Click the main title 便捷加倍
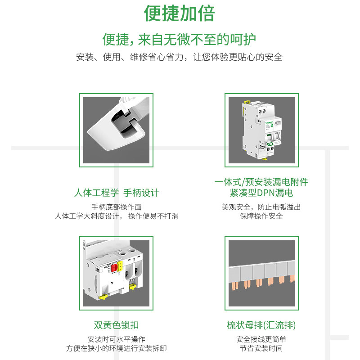(x=180, y=13)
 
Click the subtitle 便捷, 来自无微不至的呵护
(x=180, y=40)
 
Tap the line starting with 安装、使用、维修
(x=180, y=57)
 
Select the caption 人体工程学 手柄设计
(x=117, y=193)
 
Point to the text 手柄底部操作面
(x=117, y=207)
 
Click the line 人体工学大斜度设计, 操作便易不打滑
(x=117, y=216)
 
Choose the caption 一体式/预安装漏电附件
(x=261, y=182)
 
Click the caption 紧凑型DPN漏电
(x=261, y=193)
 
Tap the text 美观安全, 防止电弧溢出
(x=261, y=207)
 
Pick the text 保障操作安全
(x=261, y=216)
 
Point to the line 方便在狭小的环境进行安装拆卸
(x=117, y=348)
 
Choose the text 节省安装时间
(x=261, y=348)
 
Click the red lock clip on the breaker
(x=114, y=268)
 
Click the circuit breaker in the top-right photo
(x=261, y=130)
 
